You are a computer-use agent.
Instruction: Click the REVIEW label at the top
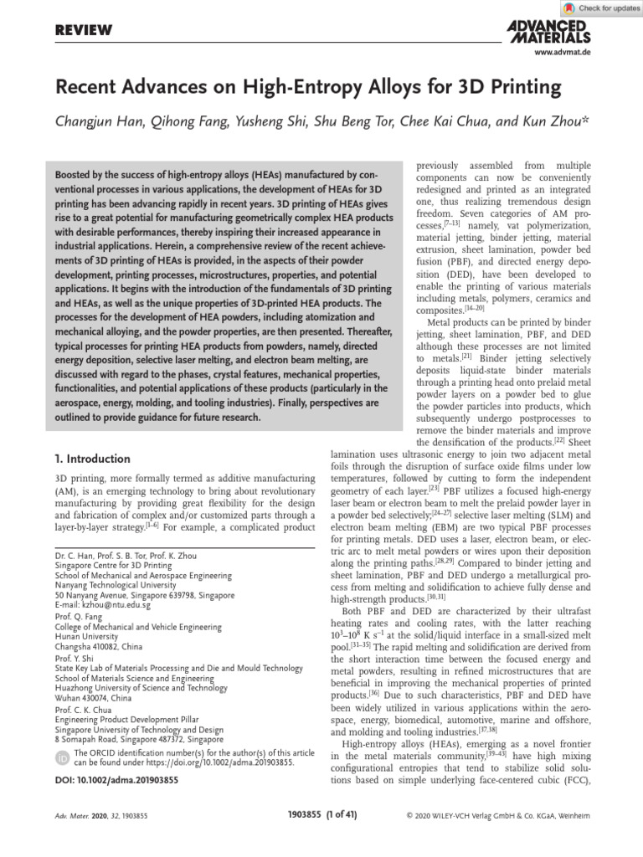click(x=84, y=30)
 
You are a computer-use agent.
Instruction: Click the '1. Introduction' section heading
click(x=92, y=459)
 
